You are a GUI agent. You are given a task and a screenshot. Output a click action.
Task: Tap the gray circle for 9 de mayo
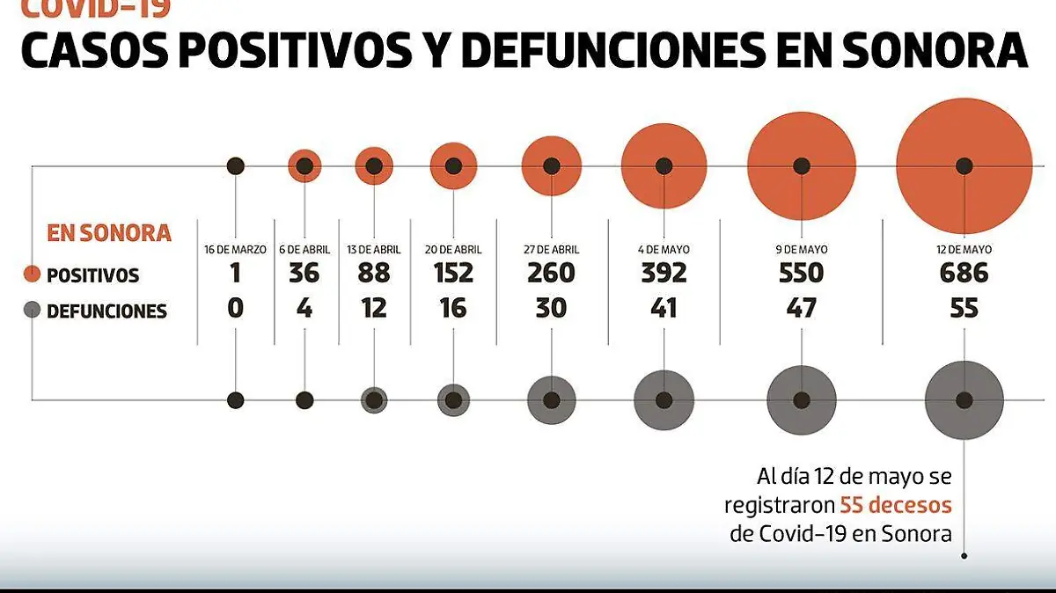point(802,399)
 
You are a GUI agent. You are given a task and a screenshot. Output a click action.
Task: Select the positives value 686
point(964,273)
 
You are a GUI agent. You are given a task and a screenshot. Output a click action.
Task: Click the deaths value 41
point(664,308)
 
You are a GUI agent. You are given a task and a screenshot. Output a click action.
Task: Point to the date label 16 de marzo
point(235,250)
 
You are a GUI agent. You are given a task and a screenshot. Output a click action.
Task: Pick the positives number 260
point(551,273)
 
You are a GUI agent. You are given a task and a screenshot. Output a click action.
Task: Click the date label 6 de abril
point(304,250)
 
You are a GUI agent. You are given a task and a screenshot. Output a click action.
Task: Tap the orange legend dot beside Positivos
point(33,275)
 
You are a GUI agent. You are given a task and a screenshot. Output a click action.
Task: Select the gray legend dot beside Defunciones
point(33,310)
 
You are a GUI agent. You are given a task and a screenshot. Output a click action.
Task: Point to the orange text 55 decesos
point(895,505)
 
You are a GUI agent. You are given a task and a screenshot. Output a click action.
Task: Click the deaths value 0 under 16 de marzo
point(235,308)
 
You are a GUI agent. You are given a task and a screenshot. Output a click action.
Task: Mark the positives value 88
point(374,273)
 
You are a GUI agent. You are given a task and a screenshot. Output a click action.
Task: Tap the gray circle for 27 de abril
point(552,399)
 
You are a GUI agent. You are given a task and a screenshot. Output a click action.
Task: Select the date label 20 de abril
point(453,250)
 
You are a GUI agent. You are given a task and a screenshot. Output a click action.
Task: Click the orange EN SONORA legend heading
point(108,233)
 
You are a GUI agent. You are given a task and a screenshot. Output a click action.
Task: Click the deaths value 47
point(802,308)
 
